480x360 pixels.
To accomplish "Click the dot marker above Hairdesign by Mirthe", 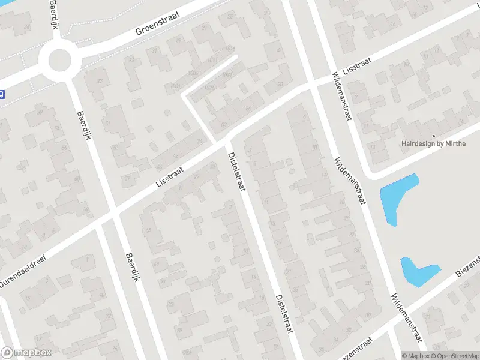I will point(433,136).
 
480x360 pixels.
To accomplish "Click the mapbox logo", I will point(26,353).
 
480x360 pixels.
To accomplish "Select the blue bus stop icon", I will point(2,94).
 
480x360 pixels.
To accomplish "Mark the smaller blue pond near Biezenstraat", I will point(416,271).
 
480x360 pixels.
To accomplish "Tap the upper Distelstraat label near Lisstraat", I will point(235,171).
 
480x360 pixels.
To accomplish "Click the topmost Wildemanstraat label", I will point(341,98).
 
